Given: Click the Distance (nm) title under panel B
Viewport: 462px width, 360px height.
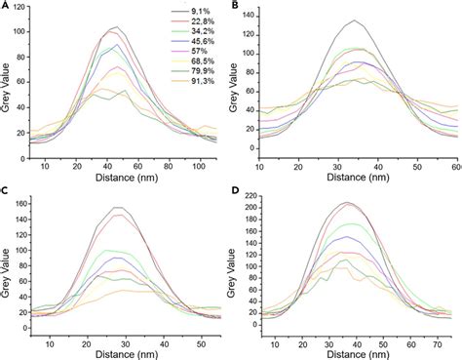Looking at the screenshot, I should tap(353, 166).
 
